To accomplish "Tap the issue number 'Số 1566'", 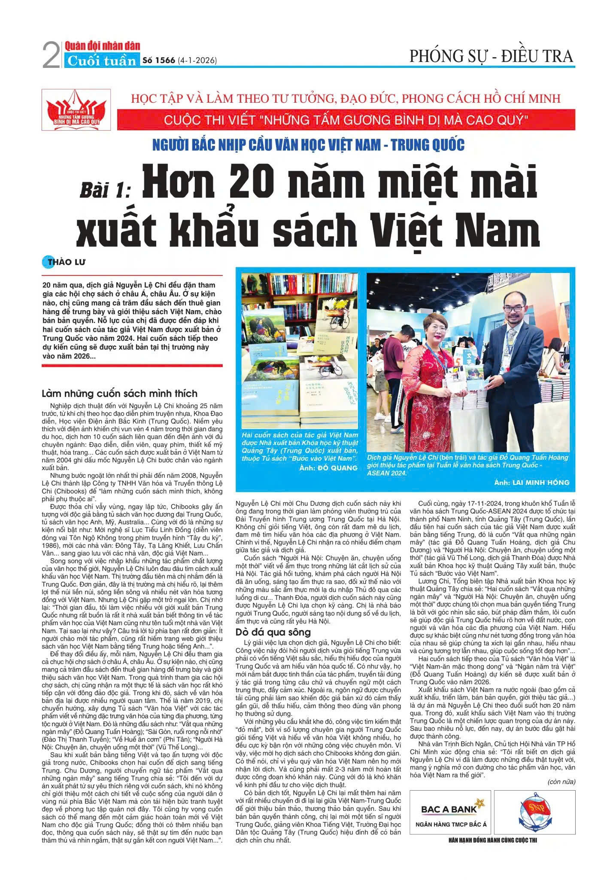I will (158, 61).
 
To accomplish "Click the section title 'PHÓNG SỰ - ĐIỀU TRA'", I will (491, 56).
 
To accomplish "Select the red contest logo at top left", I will (76, 110).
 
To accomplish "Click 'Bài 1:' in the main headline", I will (105, 189).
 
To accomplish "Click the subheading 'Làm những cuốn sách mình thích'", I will (120, 394).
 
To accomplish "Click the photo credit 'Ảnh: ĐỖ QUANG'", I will (328, 468).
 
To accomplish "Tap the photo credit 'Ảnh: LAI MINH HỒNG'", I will (531, 483).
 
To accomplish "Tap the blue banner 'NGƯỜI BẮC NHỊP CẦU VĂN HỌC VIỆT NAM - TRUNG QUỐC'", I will (308, 145).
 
